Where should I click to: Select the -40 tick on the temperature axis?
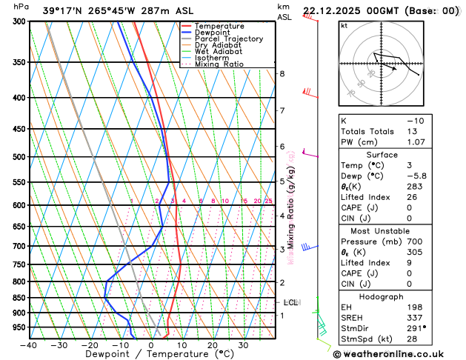pyautogui.click(x=29, y=345)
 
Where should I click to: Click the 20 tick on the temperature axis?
pyautogui.click(x=212, y=345)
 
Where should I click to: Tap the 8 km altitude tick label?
pyautogui.click(x=282, y=74)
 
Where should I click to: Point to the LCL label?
pyautogui.click(x=290, y=302)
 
